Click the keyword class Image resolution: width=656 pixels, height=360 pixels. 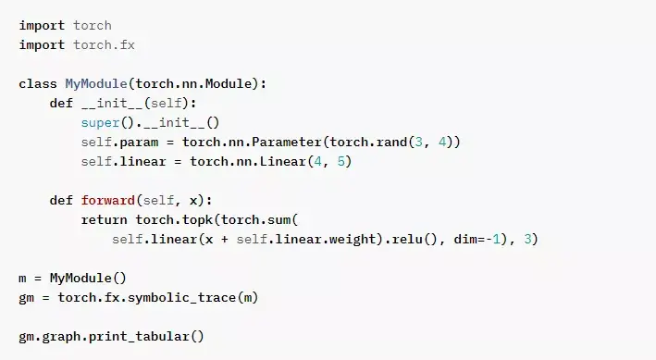click(38, 83)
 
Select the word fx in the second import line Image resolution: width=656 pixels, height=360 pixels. click(128, 44)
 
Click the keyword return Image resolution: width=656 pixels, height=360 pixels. click(105, 219)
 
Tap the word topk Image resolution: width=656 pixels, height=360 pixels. click(198, 219)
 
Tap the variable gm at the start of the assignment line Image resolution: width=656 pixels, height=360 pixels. click(26, 297)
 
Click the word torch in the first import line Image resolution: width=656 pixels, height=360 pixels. click(93, 25)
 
